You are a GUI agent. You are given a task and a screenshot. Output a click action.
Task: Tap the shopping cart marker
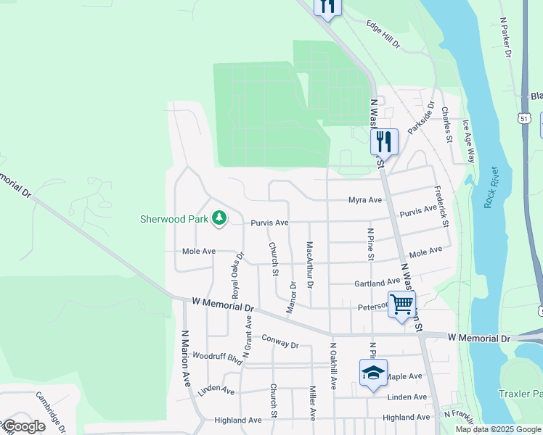tap(401, 303)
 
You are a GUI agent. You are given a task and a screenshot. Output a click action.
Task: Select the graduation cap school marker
tap(373, 373)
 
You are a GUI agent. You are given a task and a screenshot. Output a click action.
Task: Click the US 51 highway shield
tap(525, 117)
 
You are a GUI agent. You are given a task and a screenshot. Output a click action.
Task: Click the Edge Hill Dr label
tap(383, 34)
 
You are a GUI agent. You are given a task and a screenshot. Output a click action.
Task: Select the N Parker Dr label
tap(505, 38)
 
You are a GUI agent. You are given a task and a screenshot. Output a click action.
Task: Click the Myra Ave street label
tap(364, 199)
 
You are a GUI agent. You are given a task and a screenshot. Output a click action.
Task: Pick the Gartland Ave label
tap(377, 282)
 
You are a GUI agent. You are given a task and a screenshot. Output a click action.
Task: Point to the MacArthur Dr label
tap(310, 264)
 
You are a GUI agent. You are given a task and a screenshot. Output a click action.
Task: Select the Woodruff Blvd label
tap(216, 357)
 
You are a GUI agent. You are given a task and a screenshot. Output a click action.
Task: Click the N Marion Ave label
tap(186, 357)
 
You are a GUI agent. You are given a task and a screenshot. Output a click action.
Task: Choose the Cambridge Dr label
tap(51, 411)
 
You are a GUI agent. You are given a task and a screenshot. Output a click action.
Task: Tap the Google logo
tap(24, 426)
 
